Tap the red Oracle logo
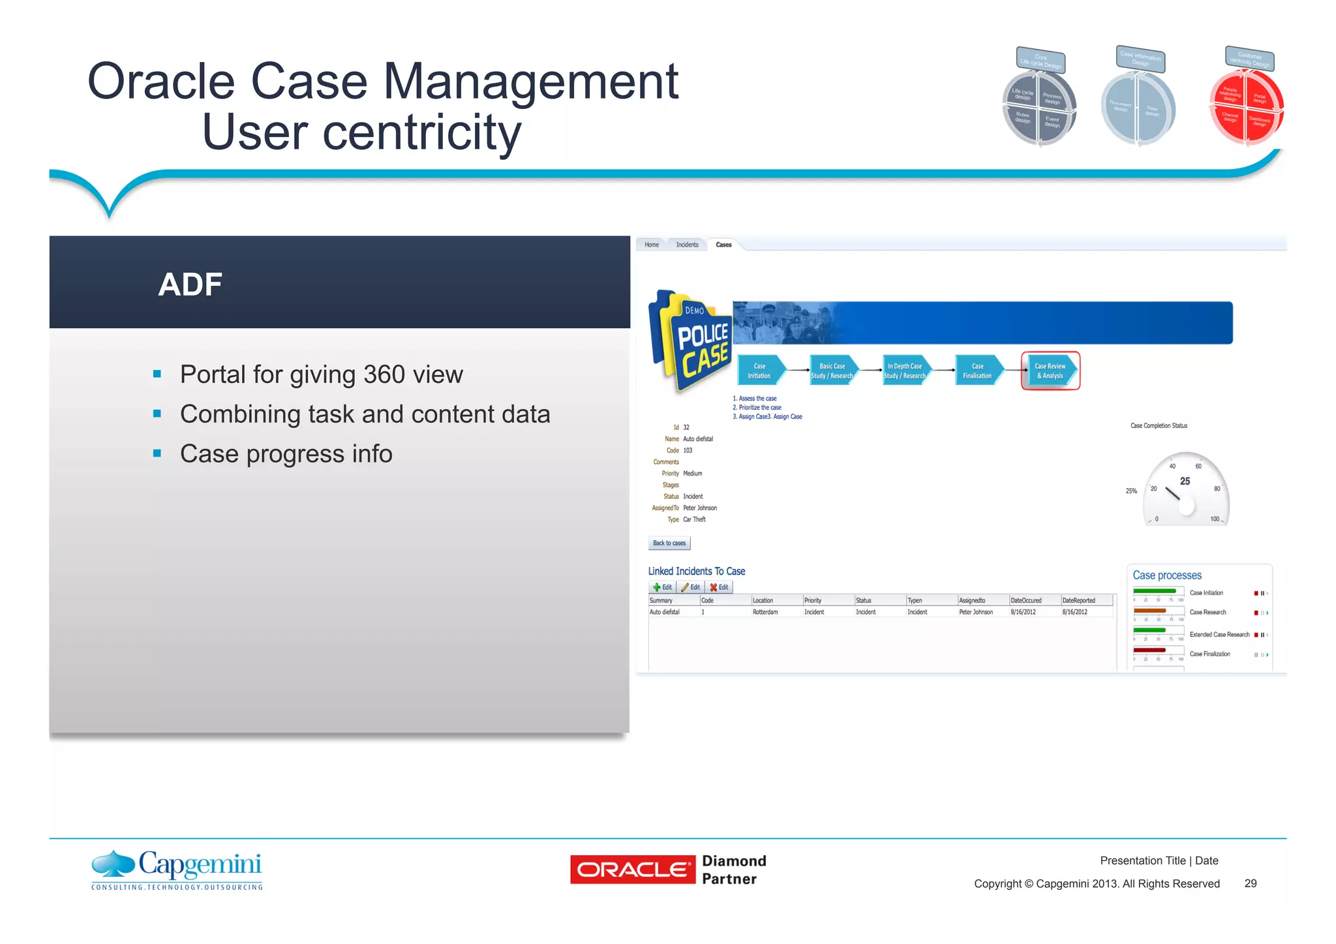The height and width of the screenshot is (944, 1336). click(632, 870)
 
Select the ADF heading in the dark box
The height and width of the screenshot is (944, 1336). click(190, 284)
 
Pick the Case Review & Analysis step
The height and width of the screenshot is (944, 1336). click(1050, 371)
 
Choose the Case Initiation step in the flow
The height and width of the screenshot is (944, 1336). click(760, 371)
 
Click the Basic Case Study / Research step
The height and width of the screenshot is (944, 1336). click(832, 371)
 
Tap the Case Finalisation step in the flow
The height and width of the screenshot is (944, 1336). click(977, 371)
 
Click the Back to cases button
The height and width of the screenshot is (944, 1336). click(669, 543)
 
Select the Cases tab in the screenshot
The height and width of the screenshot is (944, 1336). click(723, 245)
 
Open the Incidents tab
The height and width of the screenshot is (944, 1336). click(687, 245)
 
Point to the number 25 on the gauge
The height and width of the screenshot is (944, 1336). click(1185, 481)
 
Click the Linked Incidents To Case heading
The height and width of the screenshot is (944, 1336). click(696, 571)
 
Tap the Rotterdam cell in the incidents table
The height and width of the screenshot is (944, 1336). click(765, 612)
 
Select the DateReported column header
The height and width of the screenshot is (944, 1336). click(1079, 600)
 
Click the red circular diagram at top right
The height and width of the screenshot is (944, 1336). click(1246, 107)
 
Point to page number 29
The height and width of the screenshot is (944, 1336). click(1250, 883)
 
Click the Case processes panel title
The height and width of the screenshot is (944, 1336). click(1167, 575)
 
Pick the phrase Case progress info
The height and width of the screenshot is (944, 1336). click(286, 454)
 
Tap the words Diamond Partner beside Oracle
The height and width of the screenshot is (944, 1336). click(734, 870)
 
